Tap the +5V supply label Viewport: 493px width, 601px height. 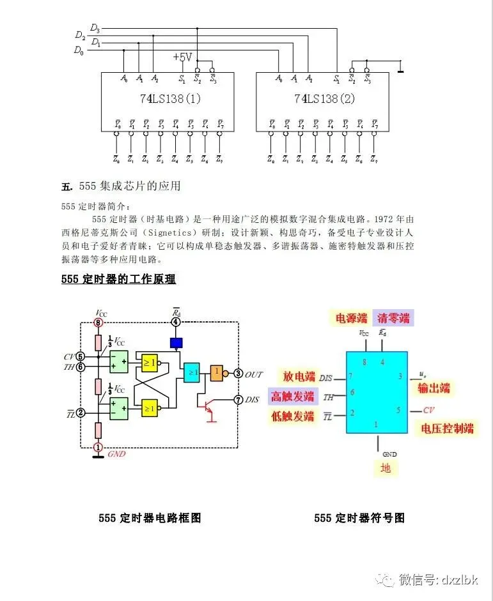coord(182,57)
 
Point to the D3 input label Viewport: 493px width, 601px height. coord(95,28)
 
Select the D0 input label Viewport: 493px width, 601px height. coord(79,50)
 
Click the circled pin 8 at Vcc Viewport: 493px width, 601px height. coord(98,324)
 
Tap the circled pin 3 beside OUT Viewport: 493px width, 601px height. coord(238,373)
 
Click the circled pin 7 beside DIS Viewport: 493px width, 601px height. coord(238,400)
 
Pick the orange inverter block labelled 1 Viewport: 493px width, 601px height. coord(217,372)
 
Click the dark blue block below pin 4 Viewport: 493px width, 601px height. coord(176,343)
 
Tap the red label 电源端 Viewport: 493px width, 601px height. coord(352,317)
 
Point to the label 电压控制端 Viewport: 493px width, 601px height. coord(448,428)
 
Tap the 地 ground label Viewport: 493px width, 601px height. coord(386,468)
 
